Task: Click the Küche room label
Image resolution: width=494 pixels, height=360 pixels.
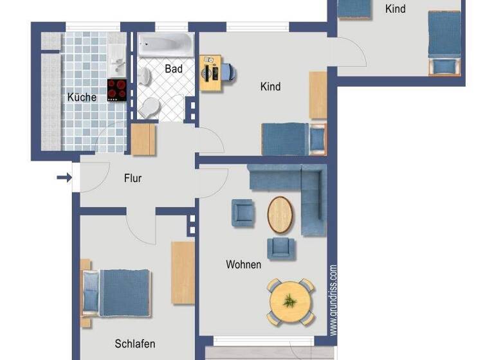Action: click(82, 97)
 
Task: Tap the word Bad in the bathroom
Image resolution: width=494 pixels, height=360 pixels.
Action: click(173, 68)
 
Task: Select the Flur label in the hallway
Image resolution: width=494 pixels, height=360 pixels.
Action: click(133, 178)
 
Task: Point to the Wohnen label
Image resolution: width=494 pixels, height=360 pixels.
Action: click(243, 264)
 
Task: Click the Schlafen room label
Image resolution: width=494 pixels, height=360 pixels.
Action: click(135, 343)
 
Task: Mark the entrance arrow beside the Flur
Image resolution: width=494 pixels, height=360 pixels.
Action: click(64, 177)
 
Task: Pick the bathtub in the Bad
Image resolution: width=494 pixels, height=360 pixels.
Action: click(165, 45)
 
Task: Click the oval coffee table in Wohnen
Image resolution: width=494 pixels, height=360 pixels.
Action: click(280, 213)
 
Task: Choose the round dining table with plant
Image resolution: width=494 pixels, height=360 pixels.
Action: click(291, 301)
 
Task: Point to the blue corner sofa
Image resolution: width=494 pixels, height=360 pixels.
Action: click(302, 186)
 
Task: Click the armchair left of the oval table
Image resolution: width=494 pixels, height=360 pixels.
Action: click(242, 213)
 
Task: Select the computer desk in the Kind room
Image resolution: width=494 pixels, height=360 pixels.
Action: click(210, 72)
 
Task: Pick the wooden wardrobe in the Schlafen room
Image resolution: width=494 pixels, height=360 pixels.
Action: click(183, 272)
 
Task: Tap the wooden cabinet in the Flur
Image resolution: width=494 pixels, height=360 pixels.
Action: click(143, 139)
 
